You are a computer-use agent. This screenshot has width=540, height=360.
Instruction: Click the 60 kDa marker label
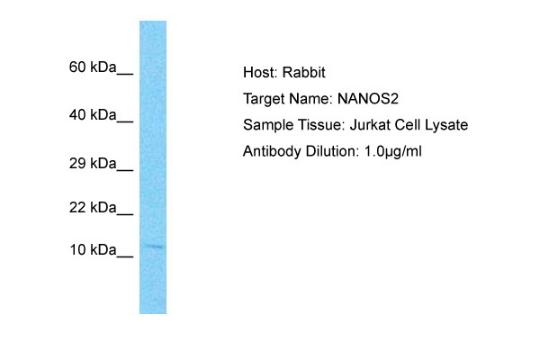(93, 67)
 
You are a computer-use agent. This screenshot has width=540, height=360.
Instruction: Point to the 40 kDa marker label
(93, 114)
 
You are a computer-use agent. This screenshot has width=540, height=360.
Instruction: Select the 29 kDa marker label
(93, 163)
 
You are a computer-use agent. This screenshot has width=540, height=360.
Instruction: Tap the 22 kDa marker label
(93, 208)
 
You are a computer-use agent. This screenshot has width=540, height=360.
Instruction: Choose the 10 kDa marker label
(93, 250)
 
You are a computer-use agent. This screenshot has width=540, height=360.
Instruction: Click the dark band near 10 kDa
(153, 247)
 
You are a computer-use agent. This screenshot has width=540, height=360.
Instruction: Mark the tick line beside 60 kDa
(125, 74)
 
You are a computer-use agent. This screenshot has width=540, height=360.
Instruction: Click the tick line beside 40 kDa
(125, 121)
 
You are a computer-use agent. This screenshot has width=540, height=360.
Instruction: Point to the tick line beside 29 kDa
(125, 170)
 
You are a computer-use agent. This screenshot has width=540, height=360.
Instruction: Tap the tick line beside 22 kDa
(125, 214)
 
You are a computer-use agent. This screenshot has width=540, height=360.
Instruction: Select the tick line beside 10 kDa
(125, 256)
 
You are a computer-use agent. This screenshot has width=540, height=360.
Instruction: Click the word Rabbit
(304, 72)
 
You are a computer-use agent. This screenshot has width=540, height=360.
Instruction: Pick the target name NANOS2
(368, 99)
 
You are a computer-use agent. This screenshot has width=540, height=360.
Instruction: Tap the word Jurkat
(370, 125)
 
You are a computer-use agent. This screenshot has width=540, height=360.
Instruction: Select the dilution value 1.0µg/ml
(393, 152)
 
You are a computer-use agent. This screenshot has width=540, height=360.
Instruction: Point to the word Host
(260, 72)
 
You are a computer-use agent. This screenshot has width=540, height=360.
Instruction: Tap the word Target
(264, 100)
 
